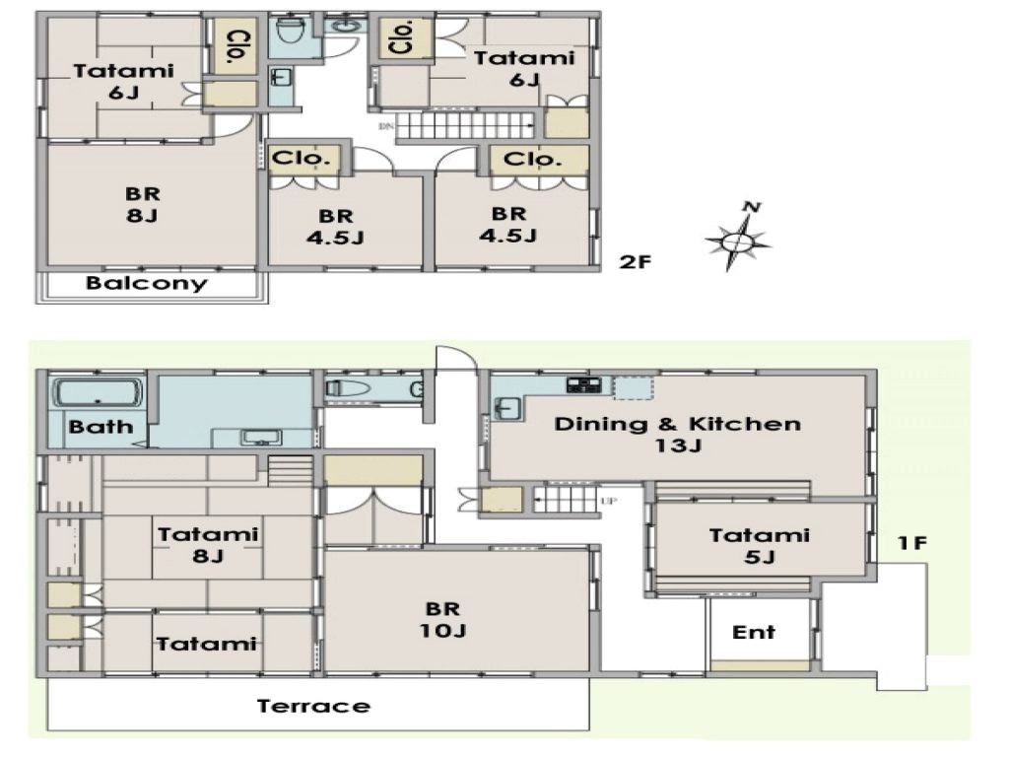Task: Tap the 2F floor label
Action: point(636,262)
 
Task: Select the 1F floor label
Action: point(909,542)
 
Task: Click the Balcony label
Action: point(147,284)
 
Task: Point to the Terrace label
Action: point(313,706)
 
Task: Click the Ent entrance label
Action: point(754,632)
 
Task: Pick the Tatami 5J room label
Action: point(759,546)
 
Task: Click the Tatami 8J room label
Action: point(208,545)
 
